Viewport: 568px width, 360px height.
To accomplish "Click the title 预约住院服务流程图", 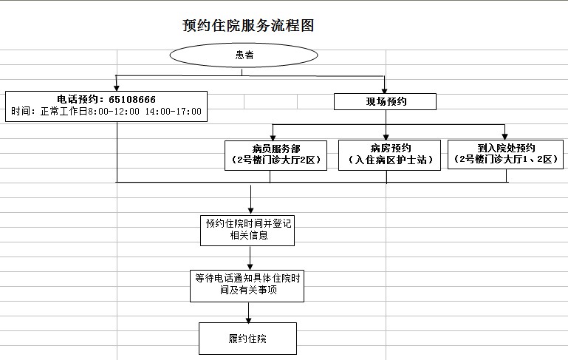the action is tap(248, 25).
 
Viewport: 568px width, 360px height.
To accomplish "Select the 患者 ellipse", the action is tap(244, 55).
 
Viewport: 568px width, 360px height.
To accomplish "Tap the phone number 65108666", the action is tap(132, 99).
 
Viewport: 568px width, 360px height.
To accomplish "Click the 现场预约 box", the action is tap(385, 101).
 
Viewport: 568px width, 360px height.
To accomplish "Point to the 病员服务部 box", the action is tap(276, 155).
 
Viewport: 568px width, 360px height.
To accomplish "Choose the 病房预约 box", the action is tap(389, 154).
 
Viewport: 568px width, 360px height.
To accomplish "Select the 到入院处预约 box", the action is tap(506, 154).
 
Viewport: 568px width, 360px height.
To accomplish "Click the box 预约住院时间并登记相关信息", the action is tap(247, 231).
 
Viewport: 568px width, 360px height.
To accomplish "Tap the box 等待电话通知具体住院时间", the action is tap(247, 285).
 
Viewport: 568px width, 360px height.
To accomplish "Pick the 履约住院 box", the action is tap(247, 339).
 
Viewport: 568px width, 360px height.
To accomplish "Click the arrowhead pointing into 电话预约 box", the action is tap(117, 88).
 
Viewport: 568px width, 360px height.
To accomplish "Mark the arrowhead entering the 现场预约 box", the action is tap(385, 91).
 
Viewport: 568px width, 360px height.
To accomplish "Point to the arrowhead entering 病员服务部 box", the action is tap(273, 137).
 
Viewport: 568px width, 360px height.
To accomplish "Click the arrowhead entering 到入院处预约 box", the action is tap(505, 137).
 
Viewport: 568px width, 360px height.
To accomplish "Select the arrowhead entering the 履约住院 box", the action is tap(248, 320).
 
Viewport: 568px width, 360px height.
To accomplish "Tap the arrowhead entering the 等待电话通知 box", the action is tap(250, 266).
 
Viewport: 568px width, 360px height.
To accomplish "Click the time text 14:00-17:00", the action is tap(174, 112).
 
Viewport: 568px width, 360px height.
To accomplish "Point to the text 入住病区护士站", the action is tap(391, 160).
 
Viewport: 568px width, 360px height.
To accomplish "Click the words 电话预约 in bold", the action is tap(78, 99).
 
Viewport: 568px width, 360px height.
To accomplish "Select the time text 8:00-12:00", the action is tap(114, 112).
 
